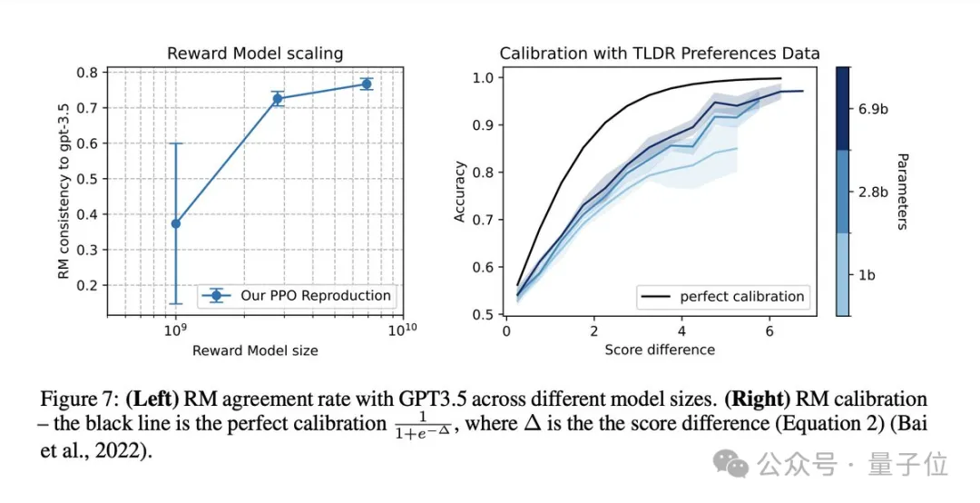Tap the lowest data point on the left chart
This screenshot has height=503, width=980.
175,223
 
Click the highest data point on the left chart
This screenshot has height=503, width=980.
367,84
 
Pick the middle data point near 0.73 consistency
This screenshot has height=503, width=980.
278,98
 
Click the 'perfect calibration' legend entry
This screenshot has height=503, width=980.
741,296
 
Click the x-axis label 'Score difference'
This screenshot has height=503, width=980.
659,350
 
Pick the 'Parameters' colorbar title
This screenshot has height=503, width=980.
901,191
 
